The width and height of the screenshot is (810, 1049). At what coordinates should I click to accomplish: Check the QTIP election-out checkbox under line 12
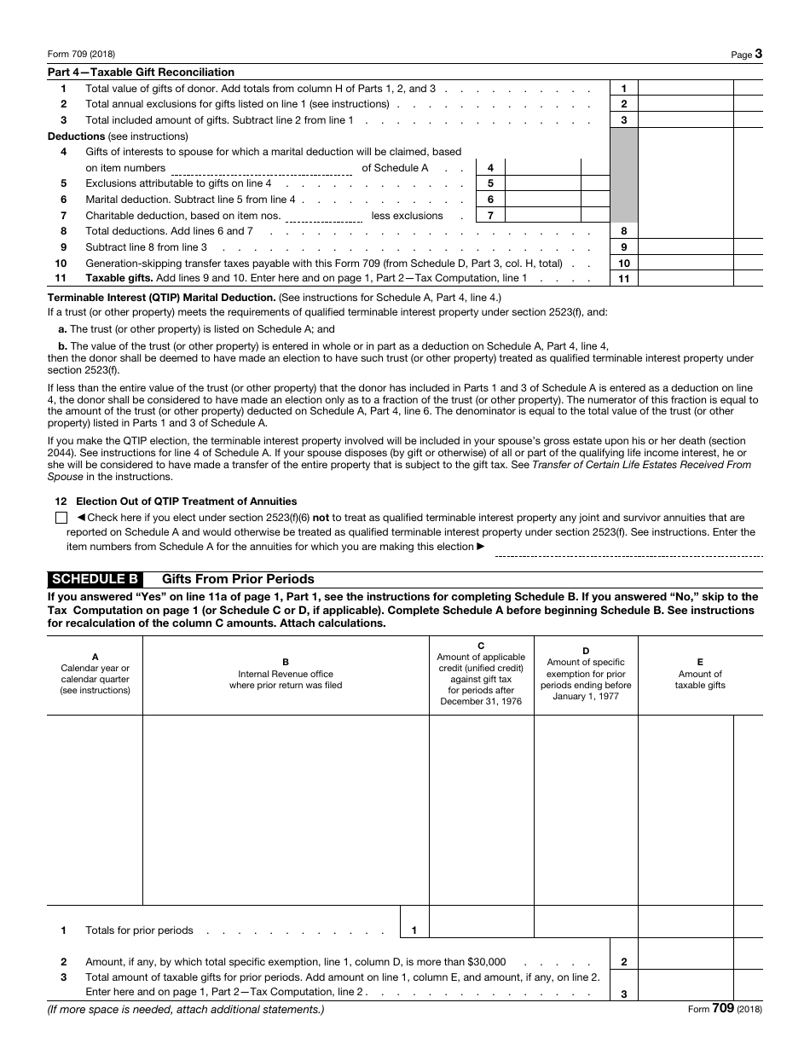61,518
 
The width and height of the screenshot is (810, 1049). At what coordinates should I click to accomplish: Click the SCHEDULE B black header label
95,578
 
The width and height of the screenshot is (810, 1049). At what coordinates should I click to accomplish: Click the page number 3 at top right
759,54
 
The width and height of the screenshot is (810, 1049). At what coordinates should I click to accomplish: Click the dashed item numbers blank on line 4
262,169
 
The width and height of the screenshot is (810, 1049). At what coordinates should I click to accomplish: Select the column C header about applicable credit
481,674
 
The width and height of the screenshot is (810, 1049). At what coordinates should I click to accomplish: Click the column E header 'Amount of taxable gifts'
700,674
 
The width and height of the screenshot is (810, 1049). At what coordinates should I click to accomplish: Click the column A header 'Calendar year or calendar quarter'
95,674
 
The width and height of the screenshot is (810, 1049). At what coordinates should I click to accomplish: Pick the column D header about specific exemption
586,674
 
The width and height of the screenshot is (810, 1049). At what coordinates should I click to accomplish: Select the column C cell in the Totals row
481,921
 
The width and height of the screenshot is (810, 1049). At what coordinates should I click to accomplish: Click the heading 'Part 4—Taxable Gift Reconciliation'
141,72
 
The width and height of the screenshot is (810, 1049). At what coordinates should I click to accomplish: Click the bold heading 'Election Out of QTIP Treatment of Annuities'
186,501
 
